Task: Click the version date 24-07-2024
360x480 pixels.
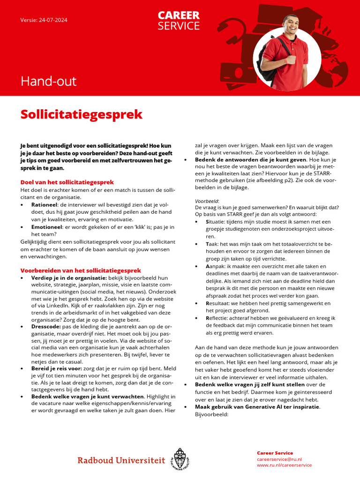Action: tap(49, 20)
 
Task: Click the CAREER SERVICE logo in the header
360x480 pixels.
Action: tap(179, 21)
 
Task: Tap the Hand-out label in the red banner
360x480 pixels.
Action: tap(48, 82)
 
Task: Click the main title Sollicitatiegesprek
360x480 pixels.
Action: tap(81, 114)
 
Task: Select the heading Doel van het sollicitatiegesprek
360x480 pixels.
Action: tap(67, 182)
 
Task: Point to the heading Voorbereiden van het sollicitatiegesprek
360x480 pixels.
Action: tap(81, 270)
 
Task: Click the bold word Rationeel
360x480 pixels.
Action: tap(45, 205)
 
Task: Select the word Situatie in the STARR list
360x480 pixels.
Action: tap(217, 221)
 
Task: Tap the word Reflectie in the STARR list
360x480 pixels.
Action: tap(218, 318)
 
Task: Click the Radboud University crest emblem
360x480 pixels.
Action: tap(180, 459)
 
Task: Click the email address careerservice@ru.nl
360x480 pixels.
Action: tap(279, 459)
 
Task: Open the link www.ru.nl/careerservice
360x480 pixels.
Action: tap(284, 465)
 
